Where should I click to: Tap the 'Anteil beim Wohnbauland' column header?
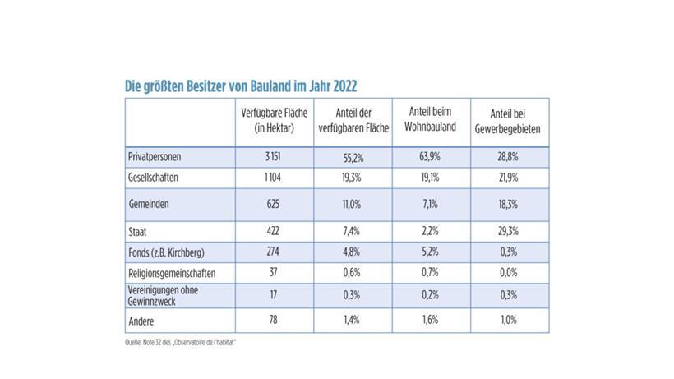(x=431, y=122)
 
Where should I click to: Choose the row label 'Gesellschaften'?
(x=154, y=177)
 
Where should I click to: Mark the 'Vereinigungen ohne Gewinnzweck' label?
(x=164, y=294)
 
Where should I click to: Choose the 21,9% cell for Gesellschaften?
(x=510, y=177)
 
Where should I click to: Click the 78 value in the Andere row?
(x=274, y=319)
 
